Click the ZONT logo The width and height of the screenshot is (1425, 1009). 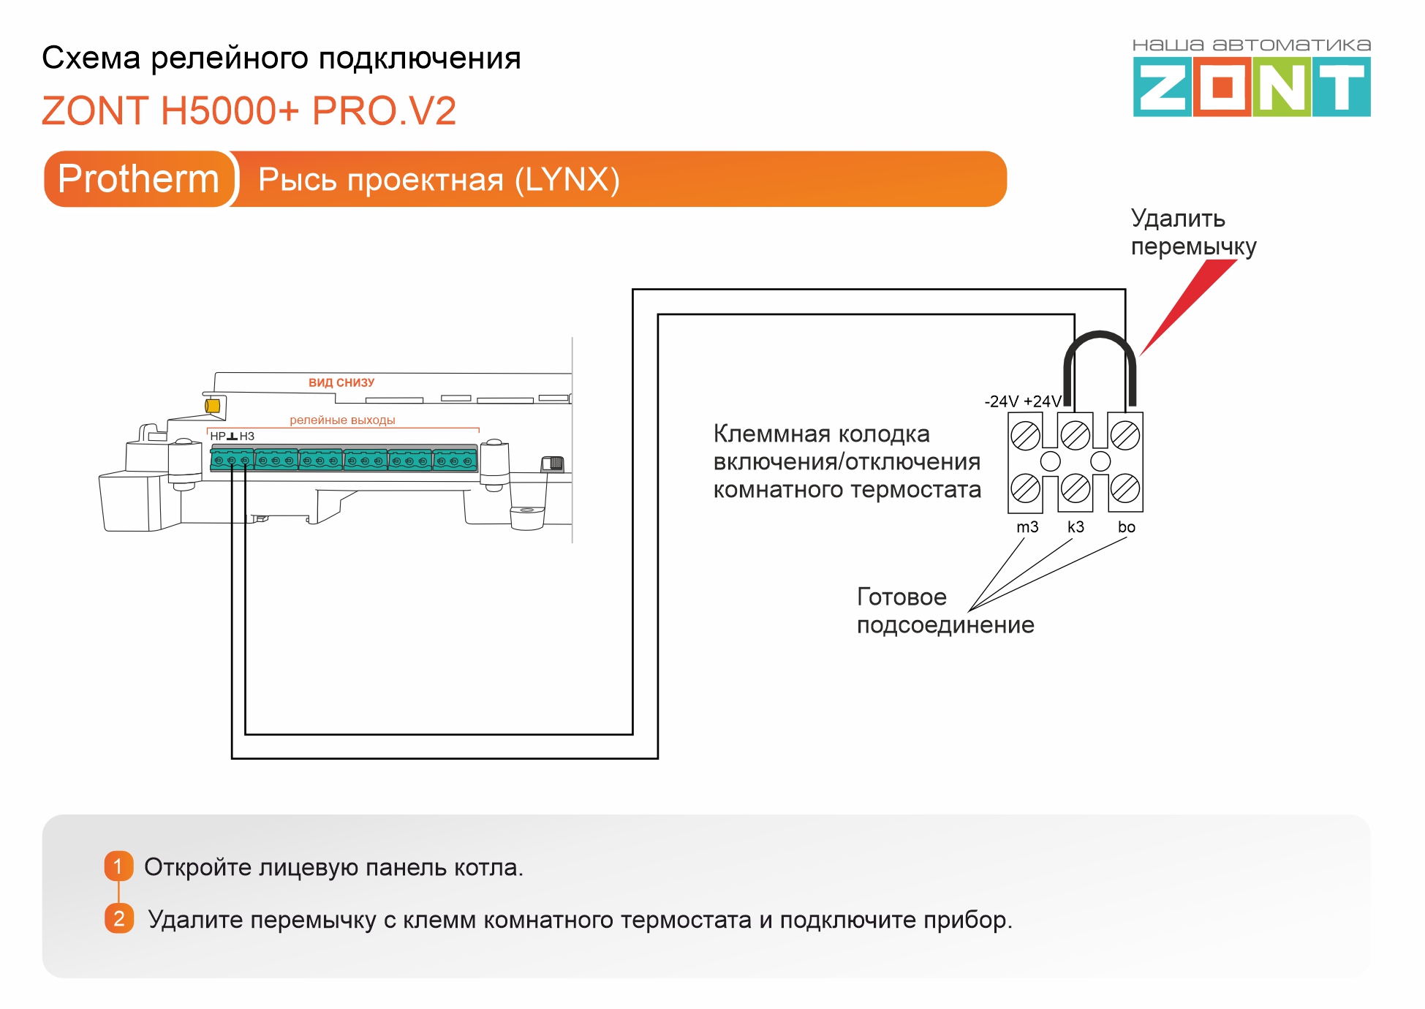[1251, 87]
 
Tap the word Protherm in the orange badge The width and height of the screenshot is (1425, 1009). [138, 179]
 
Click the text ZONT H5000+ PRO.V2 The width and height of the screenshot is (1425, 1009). [249, 111]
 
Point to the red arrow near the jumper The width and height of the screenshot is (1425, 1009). [1187, 307]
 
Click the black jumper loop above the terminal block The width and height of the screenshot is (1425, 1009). [1100, 344]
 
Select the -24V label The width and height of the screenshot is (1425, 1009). [1001, 401]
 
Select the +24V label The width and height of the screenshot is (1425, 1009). [1042, 401]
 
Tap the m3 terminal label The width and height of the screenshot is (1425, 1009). [1027, 527]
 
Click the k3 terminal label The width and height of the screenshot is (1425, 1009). [1076, 527]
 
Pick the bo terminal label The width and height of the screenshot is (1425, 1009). [1126, 527]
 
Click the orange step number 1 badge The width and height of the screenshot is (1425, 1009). [118, 866]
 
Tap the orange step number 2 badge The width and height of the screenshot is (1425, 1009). [118, 918]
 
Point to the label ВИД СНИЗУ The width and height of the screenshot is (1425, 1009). [341, 382]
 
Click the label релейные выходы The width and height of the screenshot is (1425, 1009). [342, 420]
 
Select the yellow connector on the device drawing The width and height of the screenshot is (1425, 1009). [213, 406]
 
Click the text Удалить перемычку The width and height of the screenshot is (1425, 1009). [1192, 233]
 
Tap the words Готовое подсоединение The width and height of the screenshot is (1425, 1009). [945, 611]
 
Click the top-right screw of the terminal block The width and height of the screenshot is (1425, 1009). [1124, 436]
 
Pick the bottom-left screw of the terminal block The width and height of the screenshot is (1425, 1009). [1025, 488]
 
